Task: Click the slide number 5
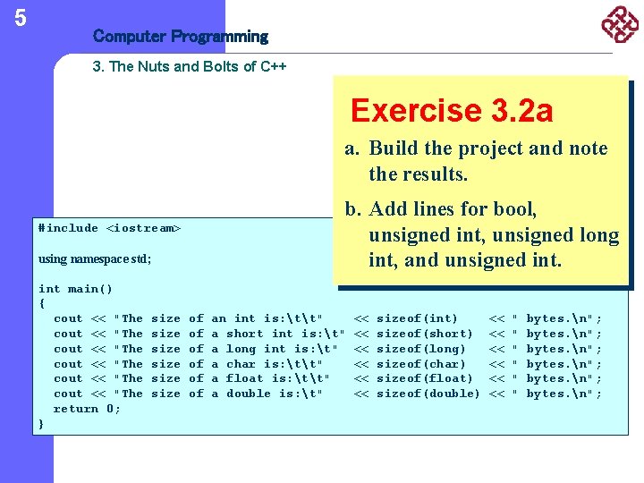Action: pyautogui.click(x=21, y=17)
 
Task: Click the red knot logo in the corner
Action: pyautogui.click(x=620, y=24)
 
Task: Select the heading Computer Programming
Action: pyautogui.click(x=180, y=37)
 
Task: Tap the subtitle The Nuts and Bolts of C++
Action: pyautogui.click(x=190, y=67)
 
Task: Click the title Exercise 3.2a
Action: pyautogui.click(x=452, y=111)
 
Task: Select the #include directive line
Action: pyautogui.click(x=109, y=228)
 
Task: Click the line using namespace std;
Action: pyautogui.click(x=95, y=258)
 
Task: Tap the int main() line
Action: pyautogui.click(x=75, y=288)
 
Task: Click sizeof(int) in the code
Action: pyautogui.click(x=417, y=318)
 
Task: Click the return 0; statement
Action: pyautogui.click(x=87, y=409)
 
